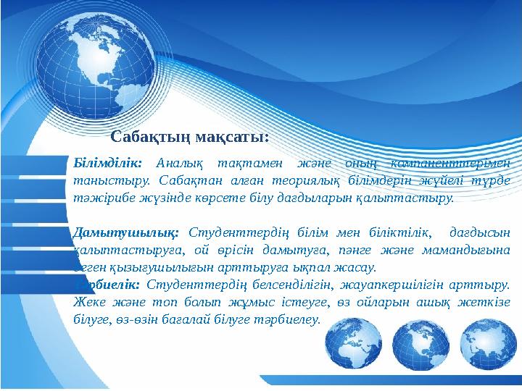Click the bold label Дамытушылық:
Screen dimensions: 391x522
tap(126, 232)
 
